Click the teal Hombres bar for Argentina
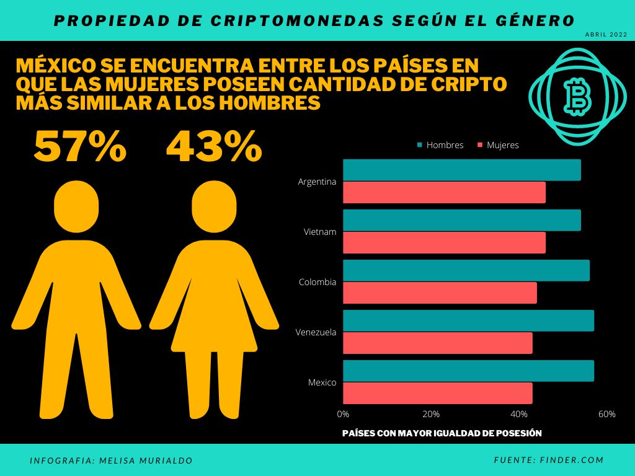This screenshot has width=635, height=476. pos(462,170)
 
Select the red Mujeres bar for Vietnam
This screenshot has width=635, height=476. pos(444,242)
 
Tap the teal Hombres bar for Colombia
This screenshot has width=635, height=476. pos(466,270)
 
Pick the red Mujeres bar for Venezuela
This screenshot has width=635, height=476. pos(437,343)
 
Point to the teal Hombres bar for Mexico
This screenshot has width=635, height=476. pos(468,371)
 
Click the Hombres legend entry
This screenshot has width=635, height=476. pos(440,145)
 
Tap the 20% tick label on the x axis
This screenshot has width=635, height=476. pos(431,414)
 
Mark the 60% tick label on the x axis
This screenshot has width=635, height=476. pos(607,414)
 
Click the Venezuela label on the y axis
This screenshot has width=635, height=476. pos(316,332)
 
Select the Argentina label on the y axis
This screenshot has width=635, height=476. pos(317,182)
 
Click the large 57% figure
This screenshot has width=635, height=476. pos(80,147)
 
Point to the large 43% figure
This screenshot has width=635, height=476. pos(214,147)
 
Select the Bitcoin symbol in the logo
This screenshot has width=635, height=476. pos(577,97)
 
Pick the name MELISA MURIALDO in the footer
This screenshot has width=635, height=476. pos(146,461)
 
